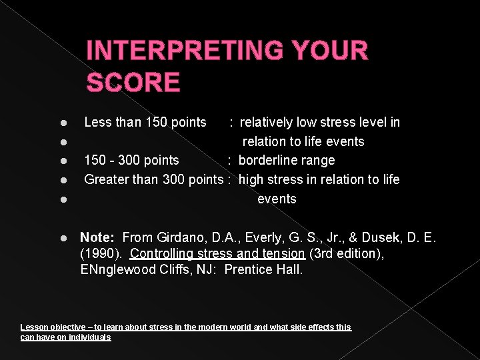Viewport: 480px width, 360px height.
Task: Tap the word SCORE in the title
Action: tap(133, 83)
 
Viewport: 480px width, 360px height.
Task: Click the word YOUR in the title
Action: tap(331, 51)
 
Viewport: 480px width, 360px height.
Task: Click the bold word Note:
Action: tap(98, 237)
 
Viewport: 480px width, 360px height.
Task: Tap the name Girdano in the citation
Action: tap(181, 237)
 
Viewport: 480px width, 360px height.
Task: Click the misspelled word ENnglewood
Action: tap(116, 269)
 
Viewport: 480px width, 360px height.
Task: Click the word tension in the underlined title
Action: tap(284, 253)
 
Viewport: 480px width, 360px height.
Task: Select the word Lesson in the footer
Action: tap(33, 327)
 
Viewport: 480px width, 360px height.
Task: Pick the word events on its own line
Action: tap(277, 199)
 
